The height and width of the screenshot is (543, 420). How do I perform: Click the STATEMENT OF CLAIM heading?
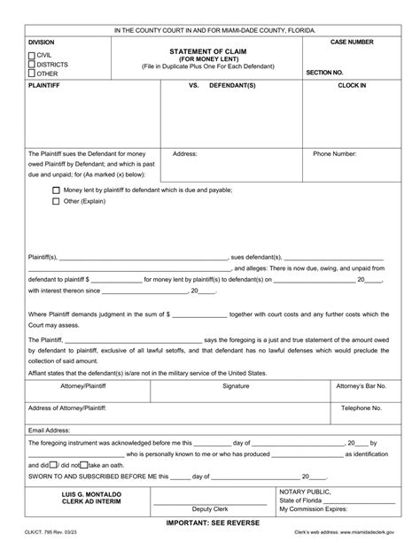click(209, 50)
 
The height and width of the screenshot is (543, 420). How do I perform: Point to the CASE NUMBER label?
click(352, 43)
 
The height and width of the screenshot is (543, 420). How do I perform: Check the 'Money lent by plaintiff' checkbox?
click(57, 190)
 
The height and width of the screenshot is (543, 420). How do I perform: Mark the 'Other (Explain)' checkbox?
click(57, 201)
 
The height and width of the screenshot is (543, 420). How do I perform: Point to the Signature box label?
click(236, 387)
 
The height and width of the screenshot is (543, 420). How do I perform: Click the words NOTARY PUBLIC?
click(306, 491)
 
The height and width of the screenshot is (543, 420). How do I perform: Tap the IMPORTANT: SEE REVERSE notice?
click(210, 524)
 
